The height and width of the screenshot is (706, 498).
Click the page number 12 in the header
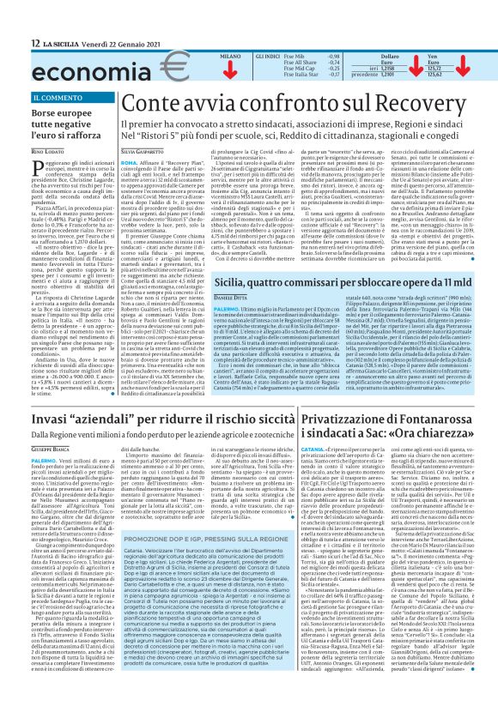12,41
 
